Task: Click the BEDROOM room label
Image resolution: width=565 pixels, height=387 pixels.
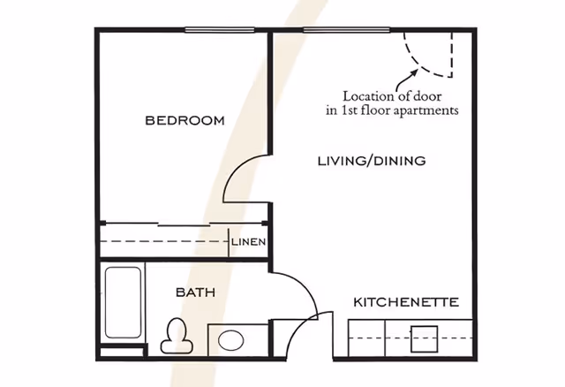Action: (x=185, y=120)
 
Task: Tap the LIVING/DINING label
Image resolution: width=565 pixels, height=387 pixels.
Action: (x=372, y=161)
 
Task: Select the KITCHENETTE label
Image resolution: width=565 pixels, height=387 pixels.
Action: (x=406, y=302)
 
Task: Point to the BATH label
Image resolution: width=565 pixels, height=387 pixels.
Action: (x=196, y=292)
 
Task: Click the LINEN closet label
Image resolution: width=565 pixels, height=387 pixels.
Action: (x=249, y=241)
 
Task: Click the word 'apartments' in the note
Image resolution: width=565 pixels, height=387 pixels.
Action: (x=428, y=111)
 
